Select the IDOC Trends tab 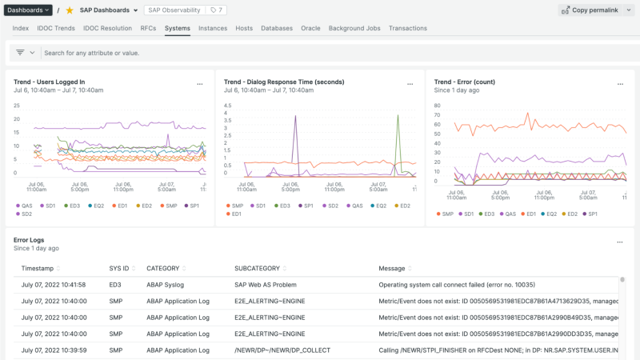(56, 28)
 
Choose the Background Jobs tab (354, 28)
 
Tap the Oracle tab (310, 28)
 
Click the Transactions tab (407, 28)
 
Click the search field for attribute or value (240, 53)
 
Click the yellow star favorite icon (69, 10)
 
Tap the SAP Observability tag (172, 10)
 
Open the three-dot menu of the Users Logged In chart (200, 83)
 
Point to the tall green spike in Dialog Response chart (398, 116)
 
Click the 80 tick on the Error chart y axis (437, 105)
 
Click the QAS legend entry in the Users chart (23, 206)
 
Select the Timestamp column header (38, 268)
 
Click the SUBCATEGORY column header (261, 268)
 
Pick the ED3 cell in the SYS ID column (116, 284)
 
